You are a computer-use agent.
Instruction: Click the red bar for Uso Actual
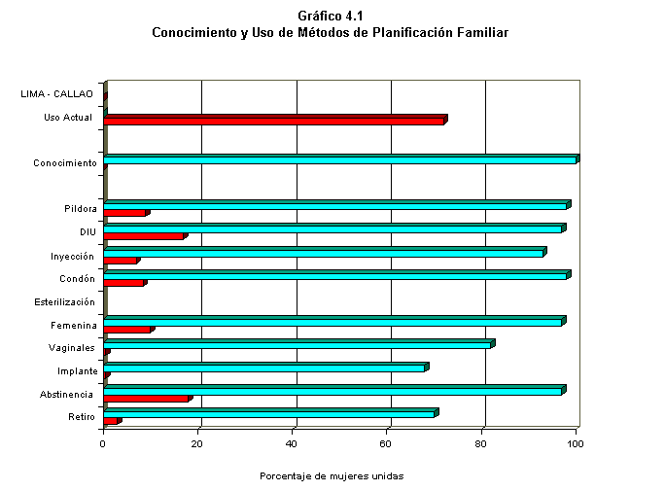click(x=274, y=121)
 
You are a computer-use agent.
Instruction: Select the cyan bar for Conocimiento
click(x=340, y=159)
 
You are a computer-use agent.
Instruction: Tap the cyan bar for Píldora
click(x=335, y=205)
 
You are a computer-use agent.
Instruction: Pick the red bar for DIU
click(x=143, y=236)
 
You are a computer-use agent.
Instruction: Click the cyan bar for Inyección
click(x=324, y=253)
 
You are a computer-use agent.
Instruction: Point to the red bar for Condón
click(x=123, y=283)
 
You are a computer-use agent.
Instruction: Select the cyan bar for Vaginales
click(x=297, y=344)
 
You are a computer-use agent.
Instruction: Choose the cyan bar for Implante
click(x=264, y=368)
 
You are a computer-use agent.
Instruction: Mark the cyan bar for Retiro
click(x=269, y=413)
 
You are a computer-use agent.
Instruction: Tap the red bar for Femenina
click(x=127, y=330)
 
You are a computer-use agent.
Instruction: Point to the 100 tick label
click(x=577, y=443)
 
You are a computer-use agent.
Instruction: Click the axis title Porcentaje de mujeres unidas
click(x=332, y=476)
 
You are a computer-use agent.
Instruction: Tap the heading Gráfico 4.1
click(x=331, y=16)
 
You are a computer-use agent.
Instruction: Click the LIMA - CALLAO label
click(x=57, y=94)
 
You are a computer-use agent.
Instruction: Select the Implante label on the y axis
click(x=77, y=370)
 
